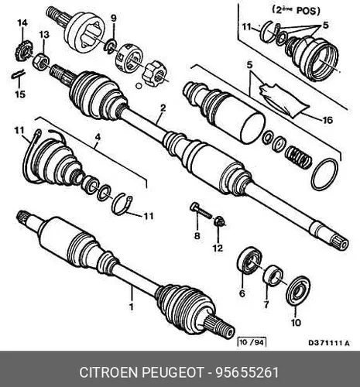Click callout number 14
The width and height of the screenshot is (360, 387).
(x=22, y=23)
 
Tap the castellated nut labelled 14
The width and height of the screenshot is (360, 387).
(x=21, y=51)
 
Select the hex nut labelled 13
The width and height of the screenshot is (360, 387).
(x=40, y=62)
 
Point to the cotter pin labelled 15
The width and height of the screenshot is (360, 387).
(x=18, y=74)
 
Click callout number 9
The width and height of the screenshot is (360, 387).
(x=114, y=19)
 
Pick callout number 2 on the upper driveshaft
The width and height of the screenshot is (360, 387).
(x=163, y=108)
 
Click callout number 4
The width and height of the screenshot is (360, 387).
(x=98, y=137)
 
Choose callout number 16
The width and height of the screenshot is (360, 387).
(x=327, y=120)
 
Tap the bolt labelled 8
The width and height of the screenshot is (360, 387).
(x=201, y=211)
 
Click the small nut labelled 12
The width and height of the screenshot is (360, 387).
(x=220, y=222)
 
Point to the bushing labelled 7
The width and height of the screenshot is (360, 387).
(x=273, y=276)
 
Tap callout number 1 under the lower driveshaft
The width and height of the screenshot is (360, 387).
(x=132, y=307)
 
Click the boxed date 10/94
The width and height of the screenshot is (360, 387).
(x=252, y=342)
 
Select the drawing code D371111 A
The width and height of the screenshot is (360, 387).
(x=329, y=343)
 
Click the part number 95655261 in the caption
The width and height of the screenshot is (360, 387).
(x=247, y=372)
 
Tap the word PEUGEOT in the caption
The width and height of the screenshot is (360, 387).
(x=172, y=372)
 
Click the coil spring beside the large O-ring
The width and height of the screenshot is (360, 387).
(x=297, y=157)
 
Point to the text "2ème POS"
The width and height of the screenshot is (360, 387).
(x=297, y=11)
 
